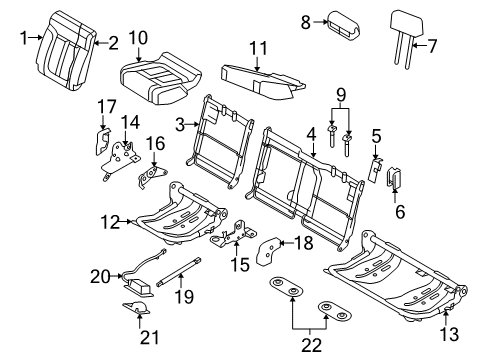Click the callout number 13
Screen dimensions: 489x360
point(449,334)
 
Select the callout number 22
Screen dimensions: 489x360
point(311,345)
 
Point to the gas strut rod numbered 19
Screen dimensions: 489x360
point(179,271)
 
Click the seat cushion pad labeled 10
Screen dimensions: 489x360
point(160,79)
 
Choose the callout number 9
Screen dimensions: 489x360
point(341,95)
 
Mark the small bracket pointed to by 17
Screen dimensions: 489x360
point(102,142)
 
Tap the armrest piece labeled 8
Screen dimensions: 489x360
point(343,24)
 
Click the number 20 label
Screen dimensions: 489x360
point(101,276)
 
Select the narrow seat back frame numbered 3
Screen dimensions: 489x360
point(220,142)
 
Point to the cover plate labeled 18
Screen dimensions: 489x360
point(268,251)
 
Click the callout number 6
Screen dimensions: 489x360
point(400,211)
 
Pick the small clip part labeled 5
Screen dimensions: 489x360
point(375,169)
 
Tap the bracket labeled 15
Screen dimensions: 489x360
point(233,233)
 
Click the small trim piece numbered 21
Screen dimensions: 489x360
point(136,308)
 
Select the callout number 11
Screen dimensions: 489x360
point(258,49)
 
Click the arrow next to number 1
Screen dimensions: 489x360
point(36,38)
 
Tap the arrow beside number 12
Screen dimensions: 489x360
point(126,221)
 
